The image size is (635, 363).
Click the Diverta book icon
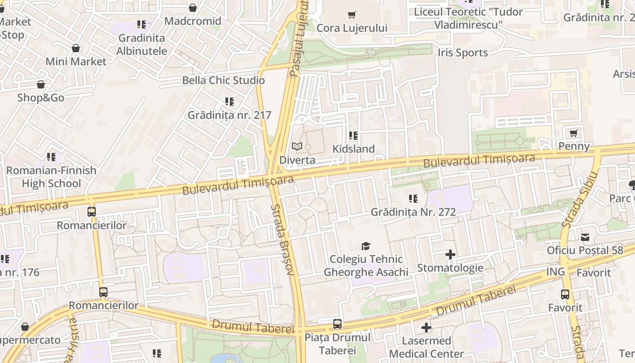tap(297, 147)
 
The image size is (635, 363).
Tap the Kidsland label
tap(353, 149)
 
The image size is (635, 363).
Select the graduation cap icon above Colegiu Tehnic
tap(366, 246)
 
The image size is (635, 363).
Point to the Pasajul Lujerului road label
tap(299, 39)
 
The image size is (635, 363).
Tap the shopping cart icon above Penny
tap(573, 133)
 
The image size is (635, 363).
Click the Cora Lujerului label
tap(352, 28)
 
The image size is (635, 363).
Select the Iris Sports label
tap(463, 53)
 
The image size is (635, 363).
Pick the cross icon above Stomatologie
tap(450, 255)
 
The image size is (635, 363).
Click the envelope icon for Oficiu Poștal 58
tap(585, 237)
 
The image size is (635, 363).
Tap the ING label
tap(555, 272)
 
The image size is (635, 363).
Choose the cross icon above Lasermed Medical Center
tap(426, 328)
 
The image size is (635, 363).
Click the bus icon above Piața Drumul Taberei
tap(337, 324)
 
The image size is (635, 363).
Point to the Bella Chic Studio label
tap(223, 80)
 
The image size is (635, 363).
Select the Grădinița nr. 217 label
tap(229, 115)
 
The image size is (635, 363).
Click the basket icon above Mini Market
tap(76, 48)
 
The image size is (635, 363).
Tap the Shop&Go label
tap(41, 98)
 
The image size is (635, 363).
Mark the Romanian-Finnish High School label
tap(51, 177)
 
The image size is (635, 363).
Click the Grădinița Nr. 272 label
tap(413, 212)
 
